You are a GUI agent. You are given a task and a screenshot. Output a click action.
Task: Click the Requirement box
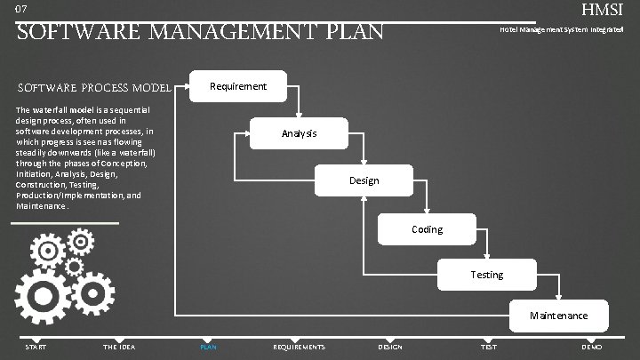tap(237, 86)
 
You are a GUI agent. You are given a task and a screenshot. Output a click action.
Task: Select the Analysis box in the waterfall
tap(299, 133)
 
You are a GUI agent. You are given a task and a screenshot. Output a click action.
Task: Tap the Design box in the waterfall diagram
tap(364, 180)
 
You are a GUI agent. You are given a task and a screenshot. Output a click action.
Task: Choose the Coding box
tap(427, 229)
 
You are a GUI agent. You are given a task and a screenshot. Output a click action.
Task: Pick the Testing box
tap(486, 275)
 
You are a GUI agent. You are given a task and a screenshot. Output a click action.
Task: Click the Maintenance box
tap(558, 316)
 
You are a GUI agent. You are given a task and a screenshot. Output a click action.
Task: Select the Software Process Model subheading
tap(93, 87)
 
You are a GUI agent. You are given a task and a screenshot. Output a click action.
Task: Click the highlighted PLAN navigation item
tap(208, 347)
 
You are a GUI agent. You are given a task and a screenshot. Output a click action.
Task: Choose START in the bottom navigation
tap(36, 347)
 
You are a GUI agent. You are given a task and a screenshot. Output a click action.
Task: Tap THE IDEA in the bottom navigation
tap(119, 347)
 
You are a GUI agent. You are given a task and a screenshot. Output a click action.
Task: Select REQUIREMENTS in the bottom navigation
tap(300, 347)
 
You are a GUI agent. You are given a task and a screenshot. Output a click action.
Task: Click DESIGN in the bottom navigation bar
tap(390, 347)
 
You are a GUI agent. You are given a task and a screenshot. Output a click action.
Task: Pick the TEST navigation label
tap(488, 347)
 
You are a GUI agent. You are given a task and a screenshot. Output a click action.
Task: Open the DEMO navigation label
tap(591, 347)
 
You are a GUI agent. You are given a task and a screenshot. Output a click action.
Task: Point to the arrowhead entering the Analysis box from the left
tap(247, 134)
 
